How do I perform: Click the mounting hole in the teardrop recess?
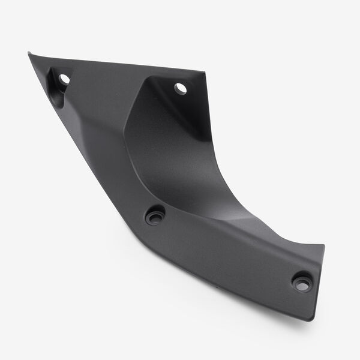click(x=64, y=79)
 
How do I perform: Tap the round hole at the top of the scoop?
click(x=180, y=88)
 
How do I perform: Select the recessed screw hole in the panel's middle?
click(x=155, y=214)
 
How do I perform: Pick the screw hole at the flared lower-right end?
click(x=302, y=281)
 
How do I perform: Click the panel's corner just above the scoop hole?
click(x=204, y=73)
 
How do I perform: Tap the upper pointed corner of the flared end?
click(x=323, y=245)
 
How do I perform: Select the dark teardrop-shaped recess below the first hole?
click(x=58, y=90)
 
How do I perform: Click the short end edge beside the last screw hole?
click(x=319, y=282)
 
